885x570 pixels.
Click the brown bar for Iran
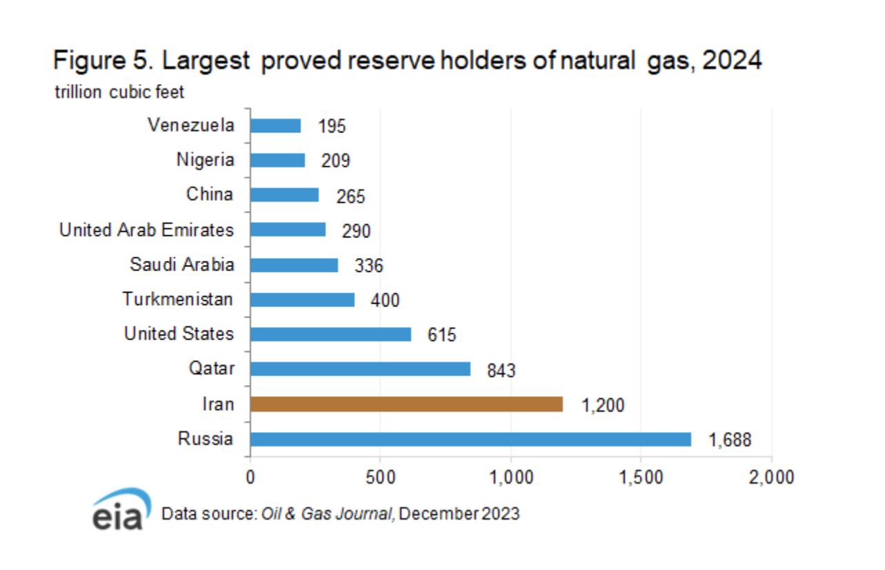[x=406, y=404]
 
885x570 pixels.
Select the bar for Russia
[x=470, y=439]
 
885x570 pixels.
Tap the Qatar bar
[x=360, y=369]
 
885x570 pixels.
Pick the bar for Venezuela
[x=275, y=126]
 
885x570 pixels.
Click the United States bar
[x=330, y=334]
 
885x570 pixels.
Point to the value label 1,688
[x=729, y=440]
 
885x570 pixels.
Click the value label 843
[x=501, y=371]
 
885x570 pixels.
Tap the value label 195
[x=331, y=126]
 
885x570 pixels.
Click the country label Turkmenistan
[x=178, y=299]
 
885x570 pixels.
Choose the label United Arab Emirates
[x=146, y=230]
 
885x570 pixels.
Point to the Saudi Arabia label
[x=182, y=264]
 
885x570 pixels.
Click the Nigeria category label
[x=205, y=160]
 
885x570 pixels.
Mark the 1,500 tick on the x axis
[x=641, y=476]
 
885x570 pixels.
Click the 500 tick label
[x=379, y=476]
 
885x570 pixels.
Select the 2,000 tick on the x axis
[x=770, y=476]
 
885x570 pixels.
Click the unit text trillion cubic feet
[x=119, y=92]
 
